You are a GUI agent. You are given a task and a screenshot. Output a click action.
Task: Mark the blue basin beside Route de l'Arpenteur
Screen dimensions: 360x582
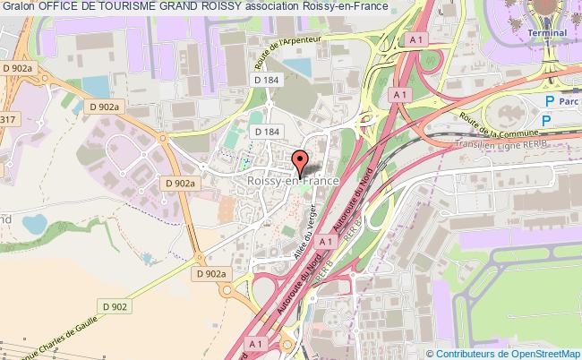298,66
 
